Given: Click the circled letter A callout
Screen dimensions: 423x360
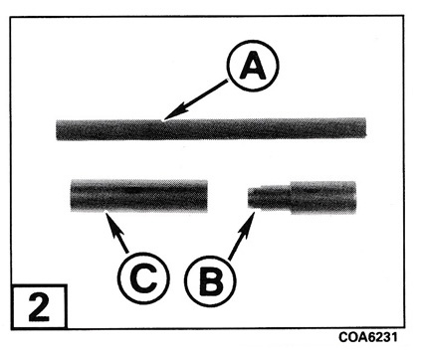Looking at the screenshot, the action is pyautogui.click(x=253, y=66).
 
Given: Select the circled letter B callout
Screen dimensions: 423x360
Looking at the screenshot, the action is pyautogui.click(x=210, y=281).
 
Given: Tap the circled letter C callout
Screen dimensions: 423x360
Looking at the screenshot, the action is pyautogui.click(x=143, y=277).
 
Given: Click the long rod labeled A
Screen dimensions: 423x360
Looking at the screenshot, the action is pyautogui.click(x=211, y=129).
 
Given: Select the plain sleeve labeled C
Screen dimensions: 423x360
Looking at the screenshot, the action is pyautogui.click(x=139, y=196).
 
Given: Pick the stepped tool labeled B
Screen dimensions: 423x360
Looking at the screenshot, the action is pyautogui.click(x=303, y=198).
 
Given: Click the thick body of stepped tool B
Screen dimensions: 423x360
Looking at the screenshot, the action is pyautogui.click(x=323, y=198).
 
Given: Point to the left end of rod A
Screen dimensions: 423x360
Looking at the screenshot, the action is pyautogui.click(x=57, y=130).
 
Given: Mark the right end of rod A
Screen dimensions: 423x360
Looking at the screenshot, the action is pyautogui.click(x=366, y=127).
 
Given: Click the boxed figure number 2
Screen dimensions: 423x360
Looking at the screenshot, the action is pyautogui.click(x=39, y=307).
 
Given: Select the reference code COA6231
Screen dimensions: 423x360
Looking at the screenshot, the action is pyautogui.click(x=367, y=337).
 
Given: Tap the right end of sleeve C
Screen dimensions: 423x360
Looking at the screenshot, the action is pyautogui.click(x=207, y=196).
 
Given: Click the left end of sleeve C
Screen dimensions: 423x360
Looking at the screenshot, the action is pyautogui.click(x=71, y=195).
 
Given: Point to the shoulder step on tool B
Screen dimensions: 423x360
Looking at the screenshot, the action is pyautogui.click(x=292, y=198).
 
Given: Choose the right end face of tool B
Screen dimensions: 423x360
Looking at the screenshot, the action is pyautogui.click(x=356, y=198).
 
